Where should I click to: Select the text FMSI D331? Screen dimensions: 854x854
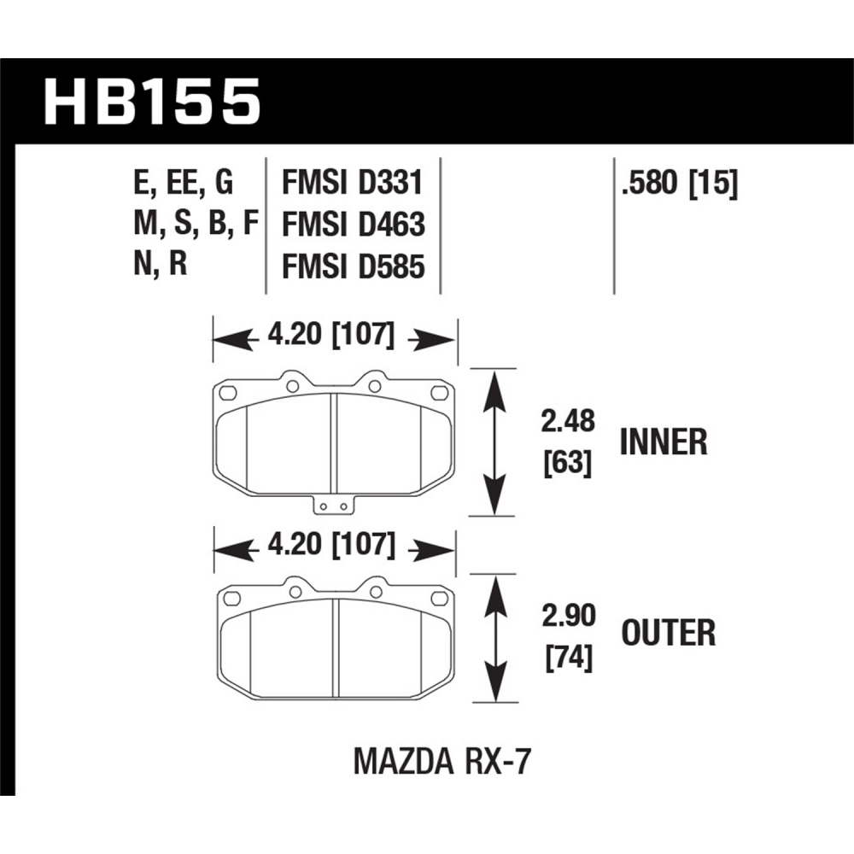click(352, 183)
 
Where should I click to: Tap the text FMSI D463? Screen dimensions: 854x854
click(353, 225)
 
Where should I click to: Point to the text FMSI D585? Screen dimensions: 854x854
click(353, 266)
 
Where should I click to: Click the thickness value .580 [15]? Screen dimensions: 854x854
click(679, 183)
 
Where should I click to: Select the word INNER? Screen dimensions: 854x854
click(664, 442)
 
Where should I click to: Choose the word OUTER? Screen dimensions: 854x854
click(669, 633)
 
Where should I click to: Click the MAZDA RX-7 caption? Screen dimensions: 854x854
click(442, 762)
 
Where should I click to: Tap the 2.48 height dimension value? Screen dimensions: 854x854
click(568, 421)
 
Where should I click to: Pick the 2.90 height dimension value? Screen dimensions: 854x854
click(569, 616)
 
